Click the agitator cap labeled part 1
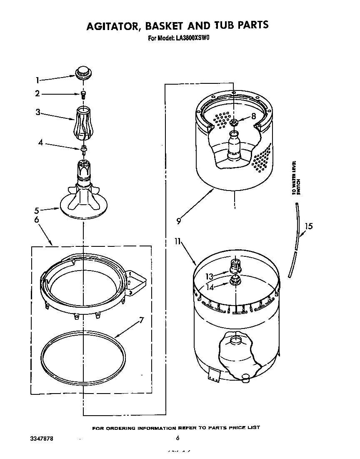pyautogui.click(x=83, y=73)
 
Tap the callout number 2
pyautogui.click(x=37, y=94)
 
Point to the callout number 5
pyautogui.click(x=36, y=210)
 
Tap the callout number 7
pyautogui.click(x=141, y=321)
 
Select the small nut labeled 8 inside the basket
pyautogui.click(x=234, y=122)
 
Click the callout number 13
pyautogui.click(x=209, y=276)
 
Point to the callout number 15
pyautogui.click(x=309, y=226)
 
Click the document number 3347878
pyautogui.click(x=42, y=439)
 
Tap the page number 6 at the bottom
pyautogui.click(x=177, y=438)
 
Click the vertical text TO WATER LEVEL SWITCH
pyautogui.click(x=295, y=178)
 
